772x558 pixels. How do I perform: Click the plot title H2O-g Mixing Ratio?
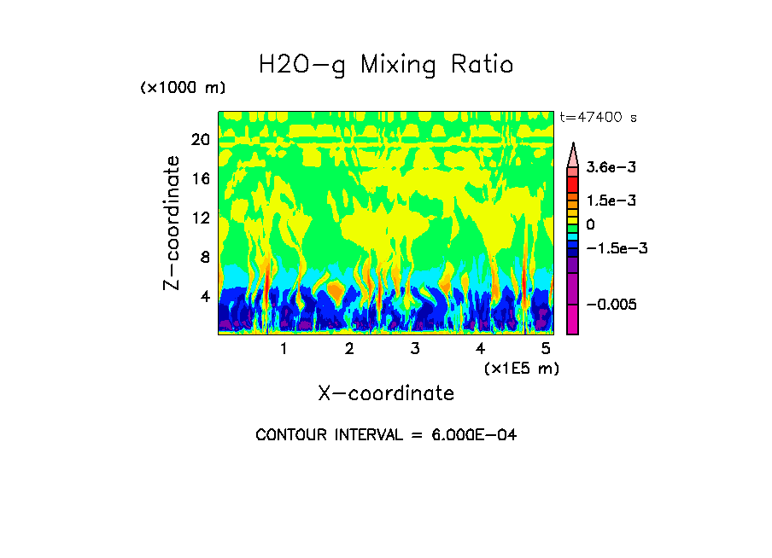coord(386,65)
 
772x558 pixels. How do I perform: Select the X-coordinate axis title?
coord(386,393)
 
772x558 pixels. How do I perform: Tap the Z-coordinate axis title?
coord(173,223)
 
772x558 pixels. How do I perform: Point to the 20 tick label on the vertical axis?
coord(200,140)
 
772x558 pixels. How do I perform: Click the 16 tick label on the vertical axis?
coord(200,179)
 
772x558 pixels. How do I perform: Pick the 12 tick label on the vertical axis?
coord(200,218)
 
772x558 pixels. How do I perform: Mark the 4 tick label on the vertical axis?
coord(205,297)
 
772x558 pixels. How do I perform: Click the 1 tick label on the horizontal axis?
coord(284,349)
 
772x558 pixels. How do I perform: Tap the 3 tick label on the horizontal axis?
coord(415,349)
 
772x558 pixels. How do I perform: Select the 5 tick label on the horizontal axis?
coord(547,349)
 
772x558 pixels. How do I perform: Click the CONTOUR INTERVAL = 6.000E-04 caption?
coord(386,435)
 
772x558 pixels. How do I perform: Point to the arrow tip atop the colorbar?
coord(573,144)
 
